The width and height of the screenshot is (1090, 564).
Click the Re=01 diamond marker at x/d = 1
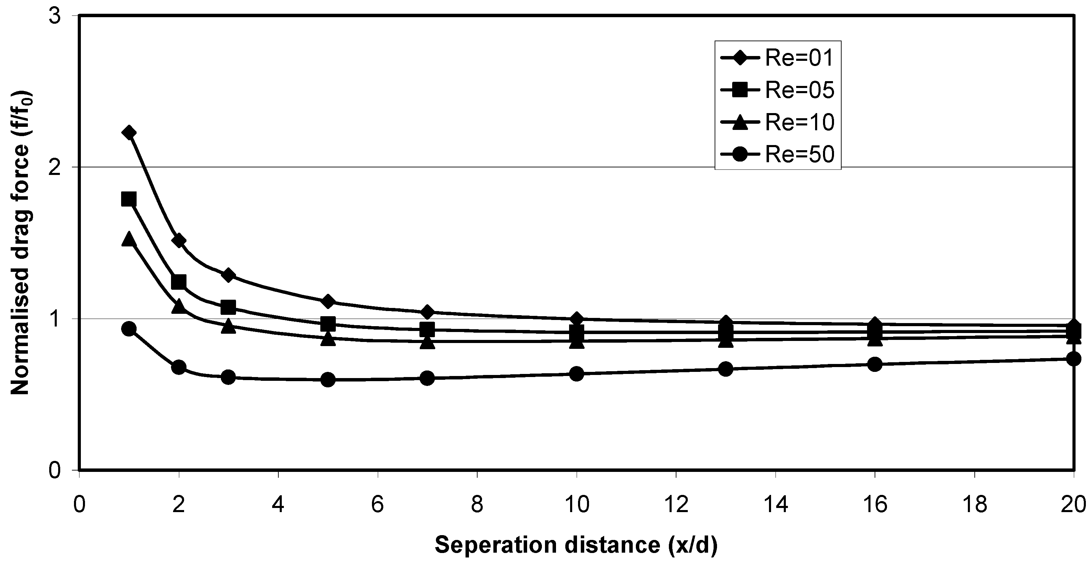click(129, 133)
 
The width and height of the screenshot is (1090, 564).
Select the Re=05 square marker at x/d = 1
click(129, 199)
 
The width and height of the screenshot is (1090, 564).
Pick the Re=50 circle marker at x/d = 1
click(129, 329)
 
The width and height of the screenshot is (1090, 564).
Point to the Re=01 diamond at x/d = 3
click(228, 275)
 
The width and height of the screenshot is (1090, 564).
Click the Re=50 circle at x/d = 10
click(577, 374)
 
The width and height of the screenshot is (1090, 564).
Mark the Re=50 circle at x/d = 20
click(1073, 359)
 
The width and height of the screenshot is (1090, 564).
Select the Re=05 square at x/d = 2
click(179, 281)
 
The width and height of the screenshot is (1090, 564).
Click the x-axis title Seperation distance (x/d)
click(576, 545)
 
